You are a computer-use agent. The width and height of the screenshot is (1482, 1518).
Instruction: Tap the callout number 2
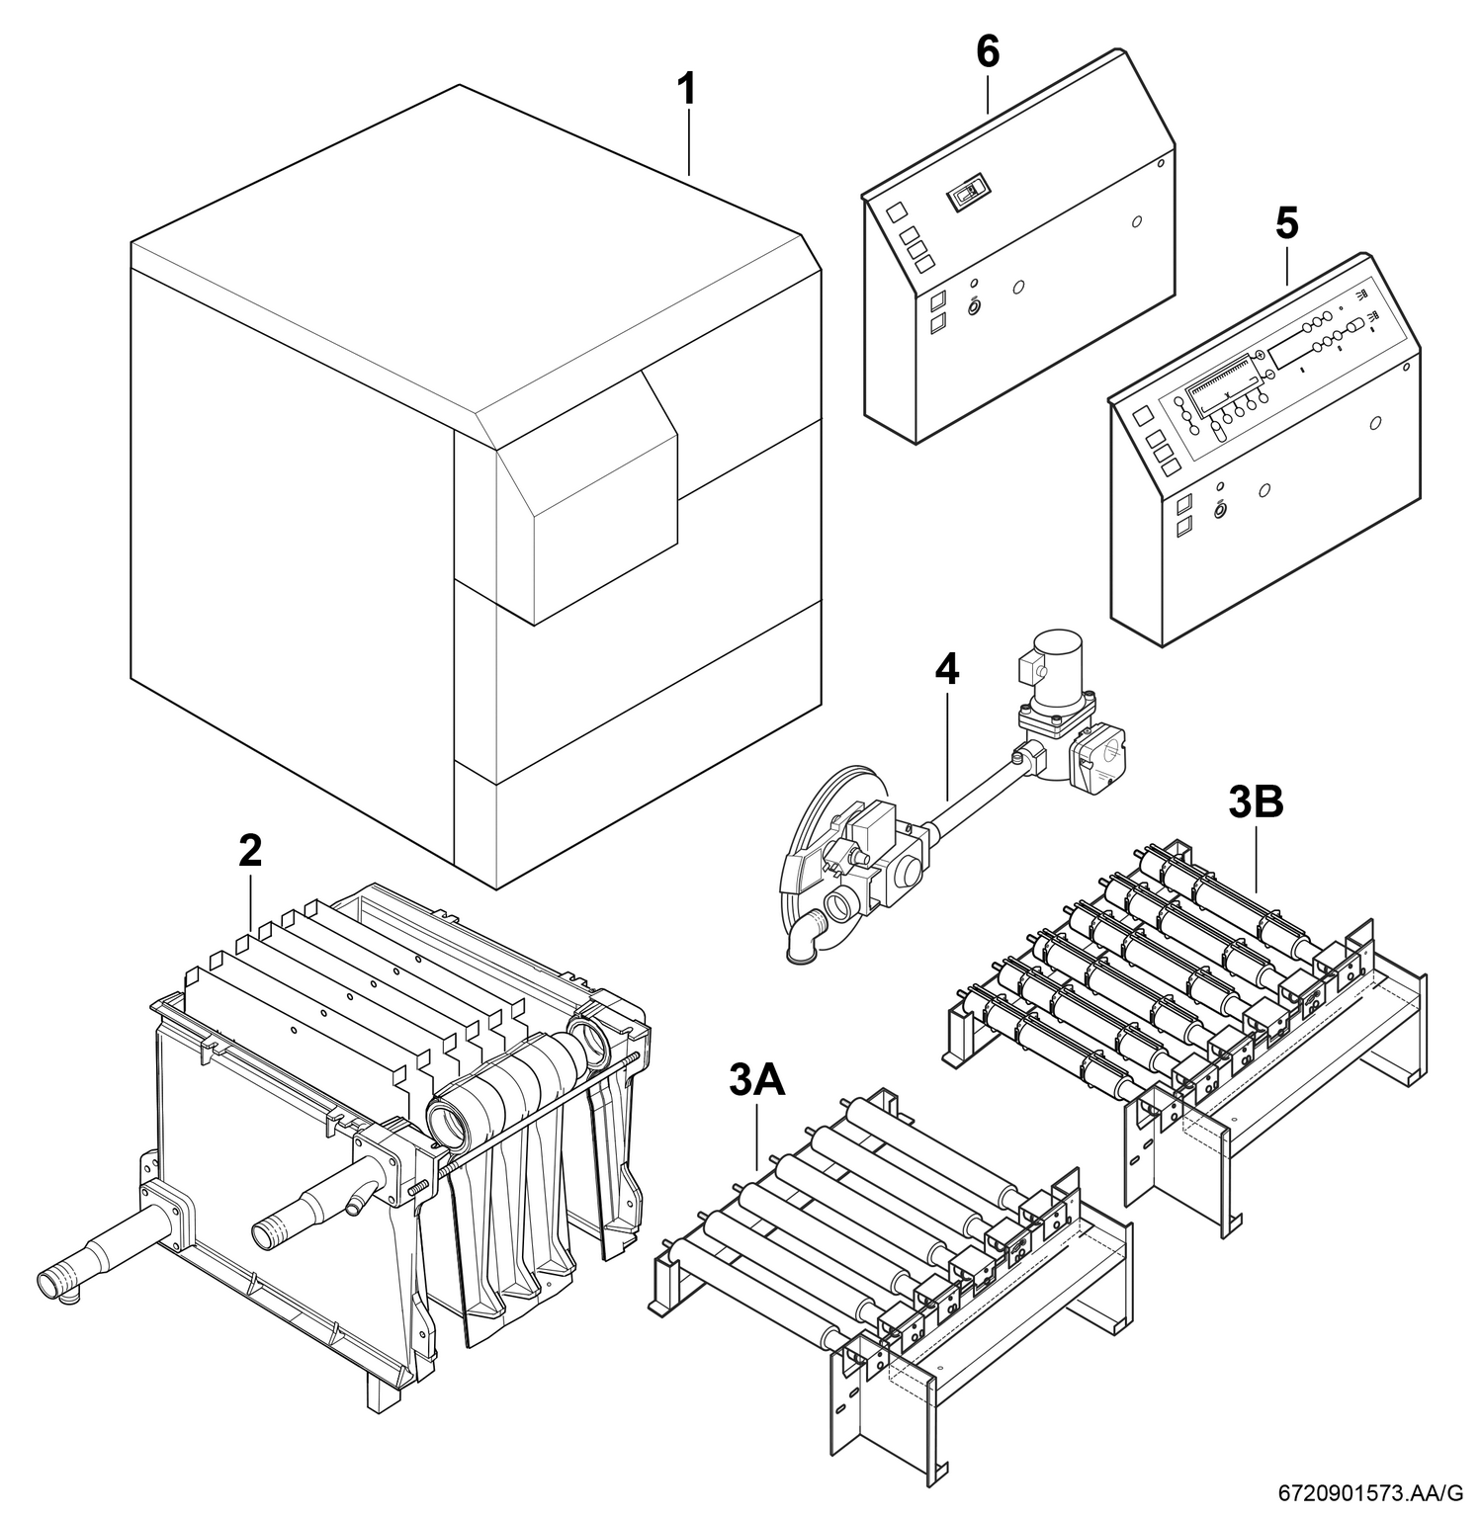coord(250,851)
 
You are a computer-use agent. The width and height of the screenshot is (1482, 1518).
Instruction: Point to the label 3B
coord(1256,802)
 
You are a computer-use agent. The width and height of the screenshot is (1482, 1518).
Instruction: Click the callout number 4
coord(946,670)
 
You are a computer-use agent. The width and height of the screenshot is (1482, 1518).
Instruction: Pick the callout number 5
coord(1286,223)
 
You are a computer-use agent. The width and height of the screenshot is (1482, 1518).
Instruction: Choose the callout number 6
coord(988,51)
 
